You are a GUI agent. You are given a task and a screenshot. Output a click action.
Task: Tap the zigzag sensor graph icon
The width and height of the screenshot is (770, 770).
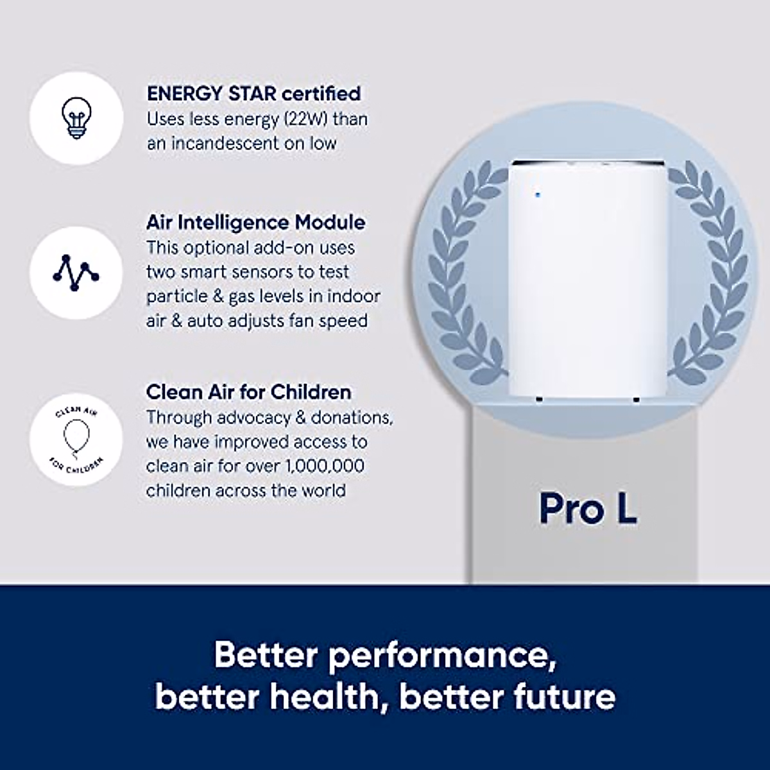point(76,272)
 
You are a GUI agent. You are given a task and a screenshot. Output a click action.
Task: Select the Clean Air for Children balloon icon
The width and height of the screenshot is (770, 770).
point(76,440)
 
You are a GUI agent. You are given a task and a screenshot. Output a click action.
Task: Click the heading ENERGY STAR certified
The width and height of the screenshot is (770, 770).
point(253,94)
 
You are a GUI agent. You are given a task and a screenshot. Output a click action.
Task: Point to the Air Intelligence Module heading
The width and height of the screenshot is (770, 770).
point(255,223)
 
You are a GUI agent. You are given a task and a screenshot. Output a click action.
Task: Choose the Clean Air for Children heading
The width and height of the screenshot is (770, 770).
point(248,391)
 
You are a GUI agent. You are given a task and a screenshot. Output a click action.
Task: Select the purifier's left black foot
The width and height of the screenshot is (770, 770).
point(539,399)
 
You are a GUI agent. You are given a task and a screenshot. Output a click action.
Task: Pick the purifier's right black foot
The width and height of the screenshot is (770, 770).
point(636,399)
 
